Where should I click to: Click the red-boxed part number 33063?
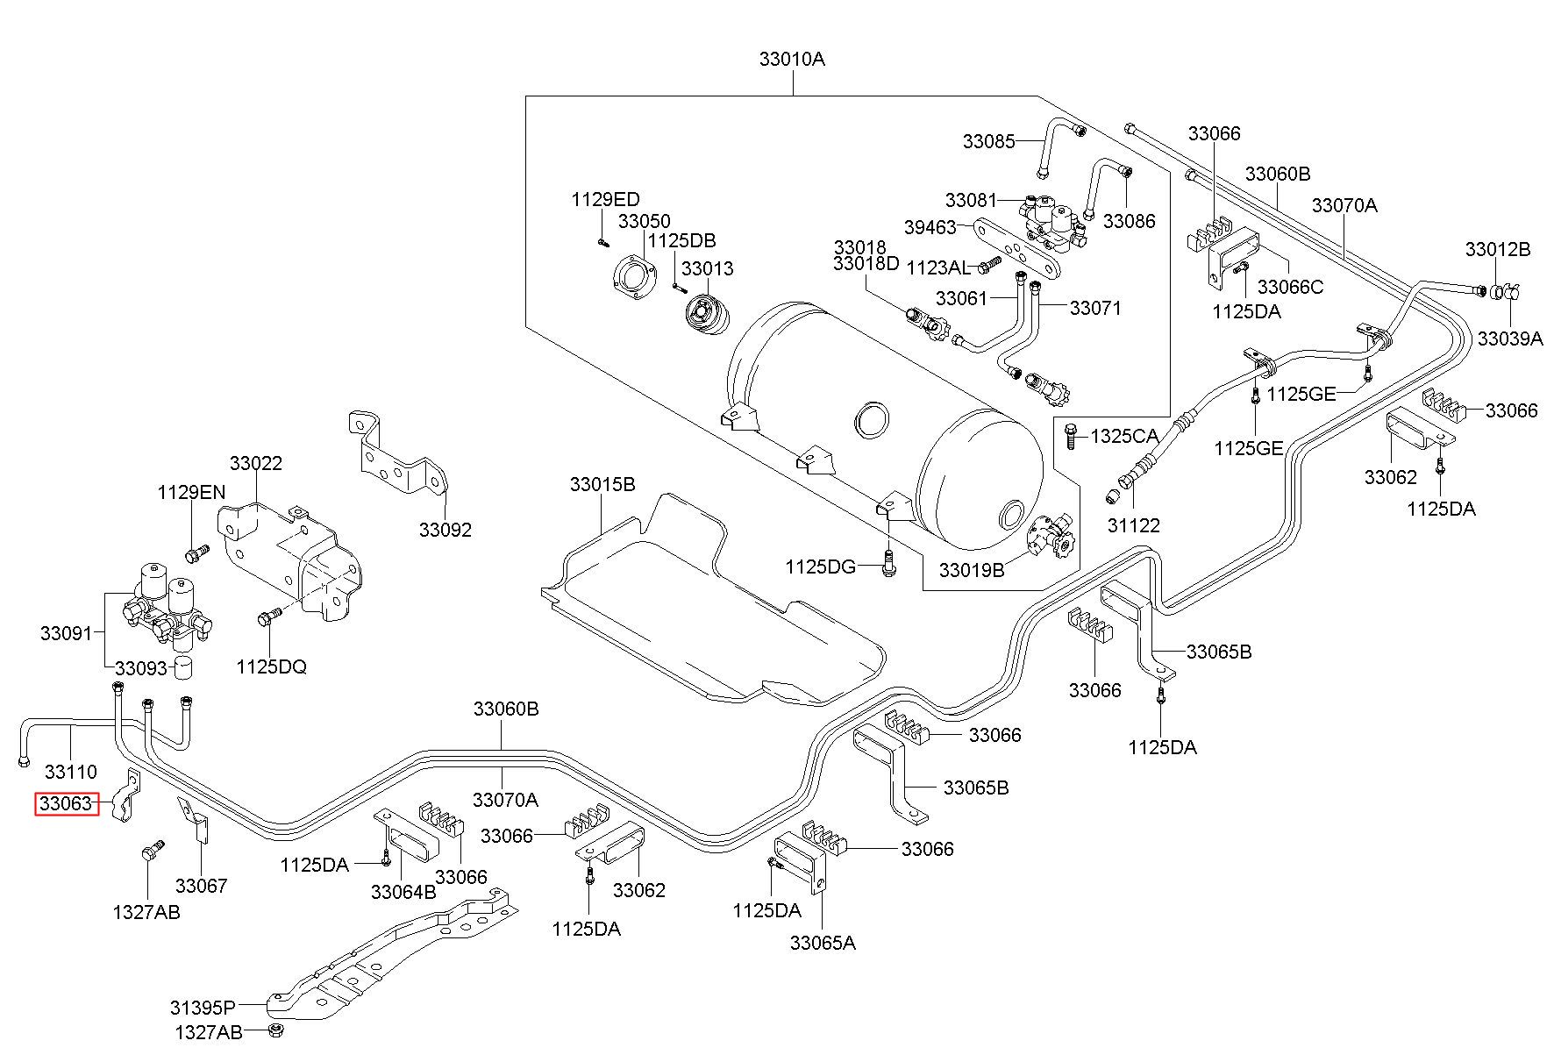[67, 803]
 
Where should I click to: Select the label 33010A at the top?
[792, 60]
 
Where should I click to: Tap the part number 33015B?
[602, 484]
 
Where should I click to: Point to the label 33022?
[256, 463]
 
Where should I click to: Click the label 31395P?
[203, 1006]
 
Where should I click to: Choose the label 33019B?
[972, 570]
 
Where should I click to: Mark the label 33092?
[445, 530]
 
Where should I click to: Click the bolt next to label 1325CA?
[1070, 436]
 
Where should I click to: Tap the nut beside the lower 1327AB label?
[275, 1030]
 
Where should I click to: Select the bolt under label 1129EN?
[197, 553]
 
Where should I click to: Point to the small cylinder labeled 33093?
[183, 666]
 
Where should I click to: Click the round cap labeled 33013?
[706, 316]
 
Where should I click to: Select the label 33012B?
[1498, 249]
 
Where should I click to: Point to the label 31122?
[1134, 525]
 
